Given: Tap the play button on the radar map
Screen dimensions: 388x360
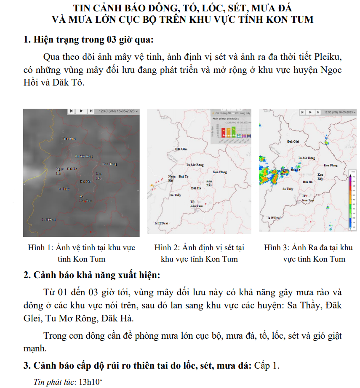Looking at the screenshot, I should coord(310,112).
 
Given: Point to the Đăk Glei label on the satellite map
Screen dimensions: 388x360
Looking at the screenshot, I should coord(69,139).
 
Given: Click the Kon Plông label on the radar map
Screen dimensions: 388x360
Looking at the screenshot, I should coord(331,166).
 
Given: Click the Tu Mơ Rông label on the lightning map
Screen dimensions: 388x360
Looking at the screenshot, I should coord(195,165).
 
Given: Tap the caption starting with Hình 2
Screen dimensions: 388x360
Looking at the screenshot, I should coord(199,253).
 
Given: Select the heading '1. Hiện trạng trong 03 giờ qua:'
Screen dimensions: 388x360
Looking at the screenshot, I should coord(89,40).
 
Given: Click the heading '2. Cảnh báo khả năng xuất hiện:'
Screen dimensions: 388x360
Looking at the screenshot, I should coord(91,276).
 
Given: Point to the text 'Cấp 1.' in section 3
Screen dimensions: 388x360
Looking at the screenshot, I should coord(267,366).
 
